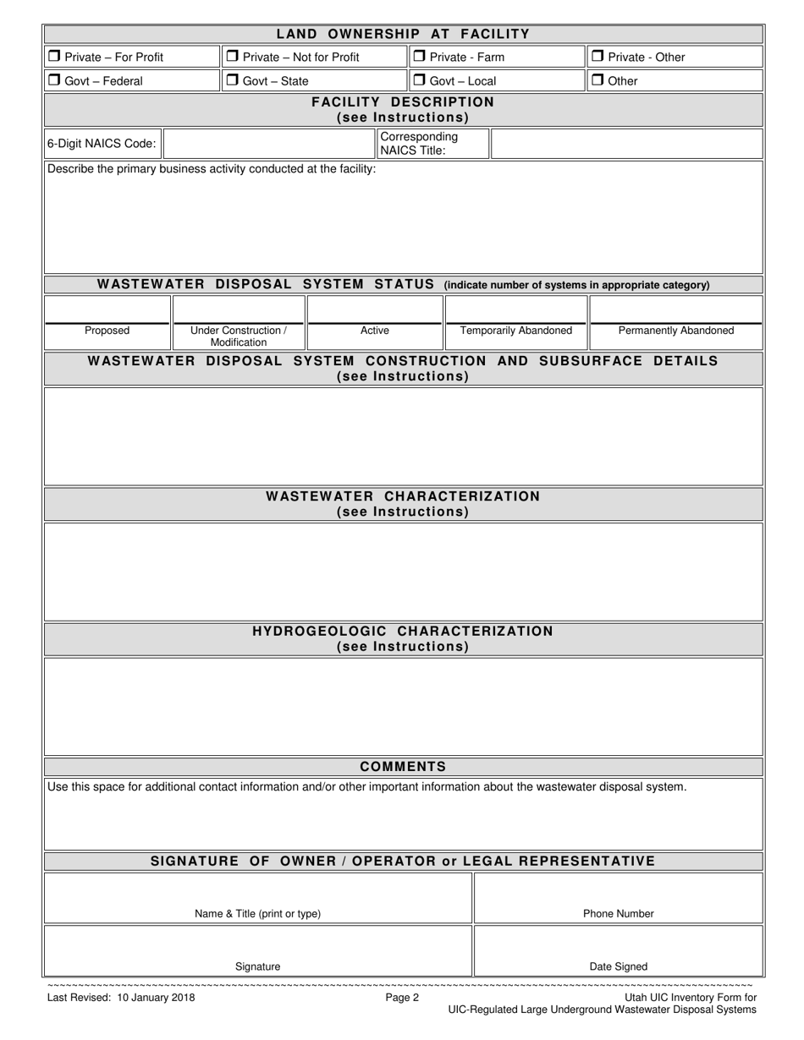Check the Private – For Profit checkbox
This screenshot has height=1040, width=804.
click(x=54, y=57)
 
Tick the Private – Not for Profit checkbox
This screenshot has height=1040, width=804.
click(x=232, y=57)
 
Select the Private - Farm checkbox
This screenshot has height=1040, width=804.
click(x=419, y=57)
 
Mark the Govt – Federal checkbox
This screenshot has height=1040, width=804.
click(x=54, y=80)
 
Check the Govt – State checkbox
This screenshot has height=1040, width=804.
click(x=232, y=80)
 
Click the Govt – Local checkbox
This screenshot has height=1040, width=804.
click(x=419, y=80)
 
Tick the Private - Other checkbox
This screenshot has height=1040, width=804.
click(x=597, y=57)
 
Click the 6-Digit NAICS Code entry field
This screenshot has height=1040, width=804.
click(x=268, y=144)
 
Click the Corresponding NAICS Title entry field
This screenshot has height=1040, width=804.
click(x=625, y=144)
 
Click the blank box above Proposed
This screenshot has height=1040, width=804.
click(x=107, y=309)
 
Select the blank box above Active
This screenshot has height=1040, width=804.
click(x=374, y=309)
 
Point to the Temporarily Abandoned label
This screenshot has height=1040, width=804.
click(x=515, y=331)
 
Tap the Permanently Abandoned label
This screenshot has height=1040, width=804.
click(x=676, y=331)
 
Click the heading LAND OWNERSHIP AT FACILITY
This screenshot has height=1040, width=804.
click(x=403, y=34)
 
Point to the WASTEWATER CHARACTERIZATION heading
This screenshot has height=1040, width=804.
click(x=403, y=496)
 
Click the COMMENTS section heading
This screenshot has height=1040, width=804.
click(x=403, y=767)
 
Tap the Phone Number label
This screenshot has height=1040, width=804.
click(x=618, y=914)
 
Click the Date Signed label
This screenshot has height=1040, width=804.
click(x=618, y=966)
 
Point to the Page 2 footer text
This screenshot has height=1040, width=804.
click(x=402, y=998)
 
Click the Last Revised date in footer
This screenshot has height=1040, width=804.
click(x=121, y=998)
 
